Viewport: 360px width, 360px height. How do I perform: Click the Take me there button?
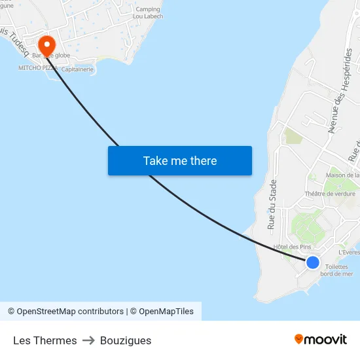point(179,160)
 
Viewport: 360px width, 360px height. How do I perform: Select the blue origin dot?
point(313,262)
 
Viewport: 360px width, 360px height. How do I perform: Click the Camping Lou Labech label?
point(147,12)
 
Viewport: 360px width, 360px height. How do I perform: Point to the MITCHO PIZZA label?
point(38,67)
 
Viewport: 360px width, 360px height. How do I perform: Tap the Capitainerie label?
point(78,69)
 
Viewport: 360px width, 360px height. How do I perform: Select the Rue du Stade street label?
point(272,204)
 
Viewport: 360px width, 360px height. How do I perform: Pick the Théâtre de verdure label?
point(330,194)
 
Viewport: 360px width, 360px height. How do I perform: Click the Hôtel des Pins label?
point(292,247)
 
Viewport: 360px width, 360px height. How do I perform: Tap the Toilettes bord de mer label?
point(336,270)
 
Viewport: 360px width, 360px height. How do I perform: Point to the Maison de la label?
point(342,175)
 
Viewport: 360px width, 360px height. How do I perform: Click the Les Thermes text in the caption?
point(45,340)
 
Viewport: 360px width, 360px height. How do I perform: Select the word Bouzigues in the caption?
point(126,340)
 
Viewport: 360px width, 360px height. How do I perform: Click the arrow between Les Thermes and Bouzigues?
point(88,340)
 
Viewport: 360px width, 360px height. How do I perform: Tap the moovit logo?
point(321,339)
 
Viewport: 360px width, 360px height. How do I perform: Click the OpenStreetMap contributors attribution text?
point(65,312)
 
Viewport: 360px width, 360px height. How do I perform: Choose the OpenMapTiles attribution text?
point(164,312)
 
